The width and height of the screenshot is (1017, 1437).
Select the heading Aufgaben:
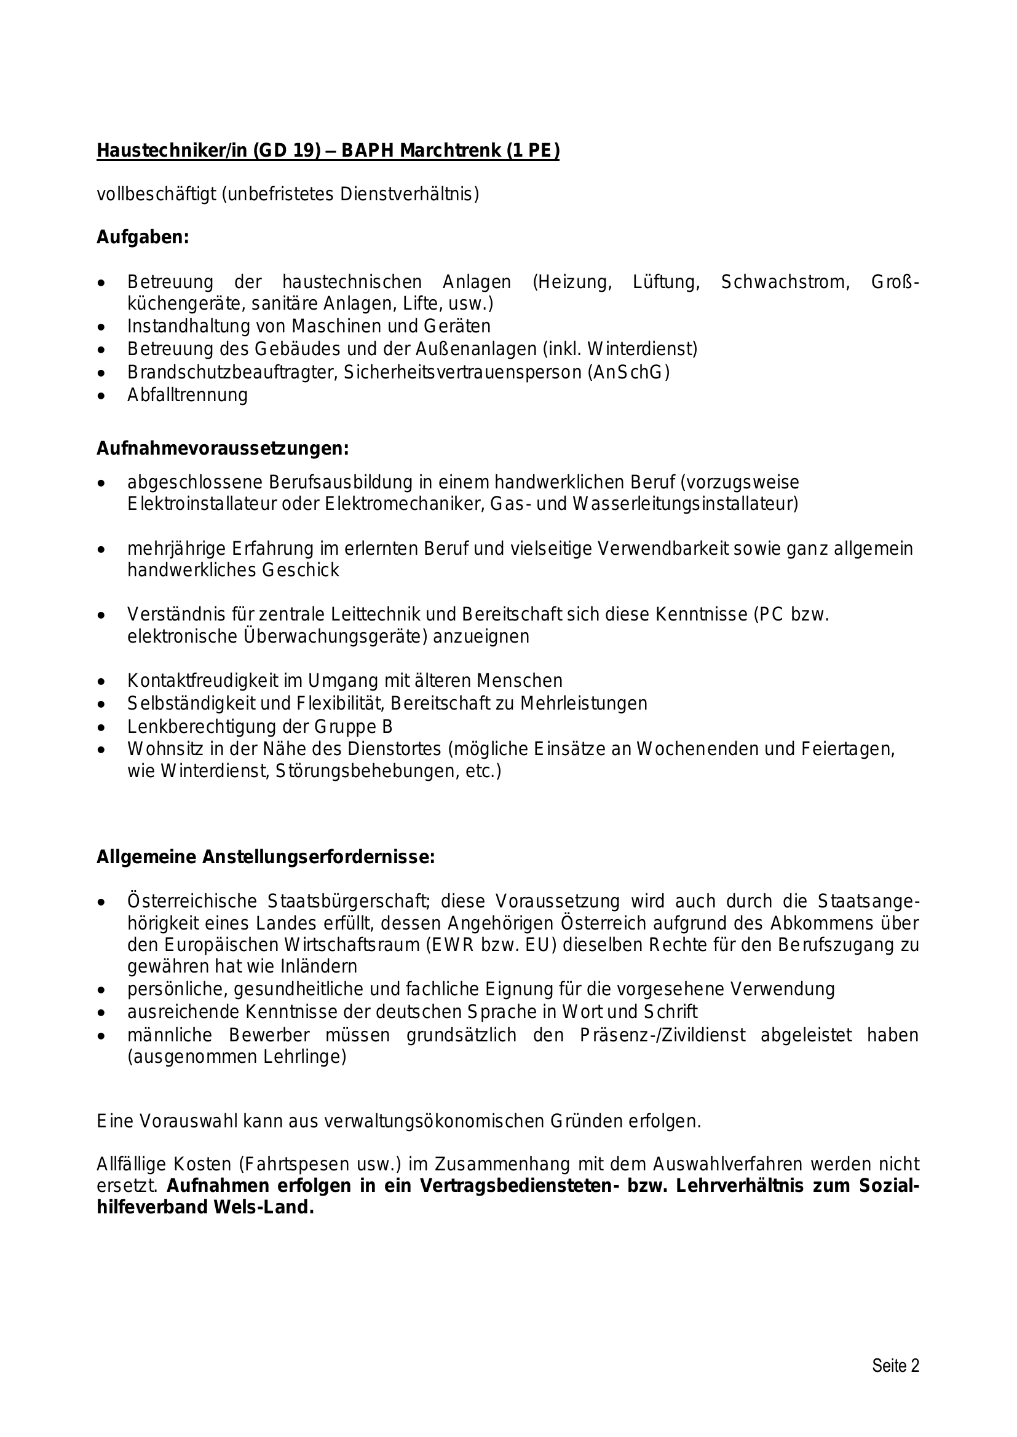pos(142,238)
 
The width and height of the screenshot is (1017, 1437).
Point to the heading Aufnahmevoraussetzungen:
pos(223,448)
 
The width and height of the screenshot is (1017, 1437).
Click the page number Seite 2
pos(895,1365)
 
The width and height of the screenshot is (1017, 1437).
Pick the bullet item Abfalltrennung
pos(188,395)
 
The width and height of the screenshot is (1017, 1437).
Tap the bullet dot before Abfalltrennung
pos(101,396)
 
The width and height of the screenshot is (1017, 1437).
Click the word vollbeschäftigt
pos(156,195)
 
